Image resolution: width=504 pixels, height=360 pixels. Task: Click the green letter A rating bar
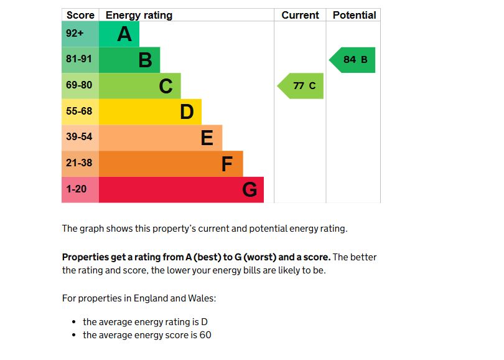click(119, 34)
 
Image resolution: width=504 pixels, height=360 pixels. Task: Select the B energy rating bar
click(129, 60)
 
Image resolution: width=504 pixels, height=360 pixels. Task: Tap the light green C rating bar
click(140, 86)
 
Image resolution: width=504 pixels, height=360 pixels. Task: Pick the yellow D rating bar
click(150, 112)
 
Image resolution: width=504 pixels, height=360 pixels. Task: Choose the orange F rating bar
click(170, 164)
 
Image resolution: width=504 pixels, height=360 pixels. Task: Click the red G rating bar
click(181, 190)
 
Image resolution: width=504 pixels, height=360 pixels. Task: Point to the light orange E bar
click(161, 138)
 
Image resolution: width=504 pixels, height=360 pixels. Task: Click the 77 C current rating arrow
click(301, 86)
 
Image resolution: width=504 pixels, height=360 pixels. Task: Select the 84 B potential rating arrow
click(353, 60)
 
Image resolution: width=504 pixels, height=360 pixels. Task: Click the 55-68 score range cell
click(80, 111)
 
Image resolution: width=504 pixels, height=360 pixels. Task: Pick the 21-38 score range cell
click(80, 163)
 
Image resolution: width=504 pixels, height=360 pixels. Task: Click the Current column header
click(300, 15)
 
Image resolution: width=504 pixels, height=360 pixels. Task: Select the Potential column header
click(354, 15)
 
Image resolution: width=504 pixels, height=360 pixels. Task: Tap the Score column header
click(80, 15)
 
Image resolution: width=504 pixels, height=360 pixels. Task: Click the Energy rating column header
click(139, 15)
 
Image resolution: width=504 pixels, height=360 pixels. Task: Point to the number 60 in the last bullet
click(205, 336)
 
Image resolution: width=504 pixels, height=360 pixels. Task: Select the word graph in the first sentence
click(92, 229)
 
